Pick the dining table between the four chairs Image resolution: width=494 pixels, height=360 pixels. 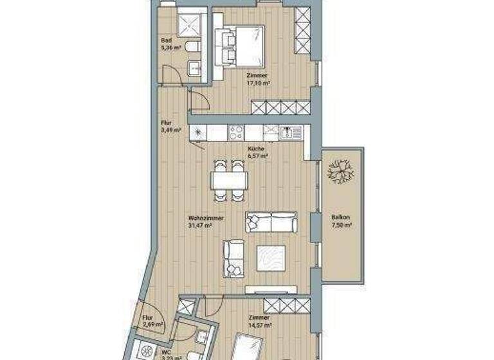pos(229,179)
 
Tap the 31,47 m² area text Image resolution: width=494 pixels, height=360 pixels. pos(201,226)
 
